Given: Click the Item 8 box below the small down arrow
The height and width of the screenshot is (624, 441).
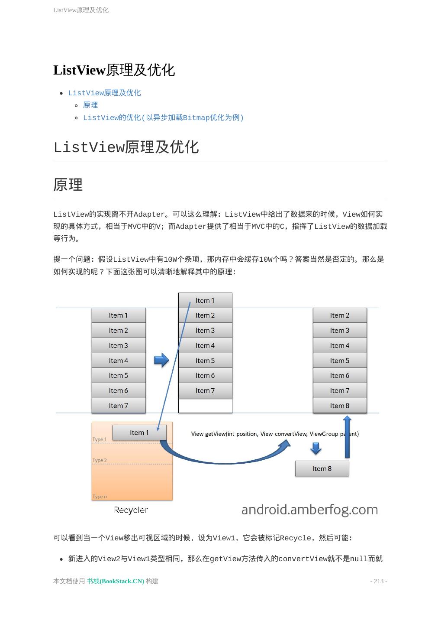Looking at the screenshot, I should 322,468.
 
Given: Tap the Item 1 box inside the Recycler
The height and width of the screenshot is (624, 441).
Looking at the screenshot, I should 139,432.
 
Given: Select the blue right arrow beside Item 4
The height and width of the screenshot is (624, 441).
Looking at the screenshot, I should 161,360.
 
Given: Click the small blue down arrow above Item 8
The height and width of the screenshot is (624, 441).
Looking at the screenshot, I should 316,448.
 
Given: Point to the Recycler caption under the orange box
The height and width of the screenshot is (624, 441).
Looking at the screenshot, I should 131,510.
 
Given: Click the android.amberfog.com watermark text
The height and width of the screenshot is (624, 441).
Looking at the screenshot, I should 309,510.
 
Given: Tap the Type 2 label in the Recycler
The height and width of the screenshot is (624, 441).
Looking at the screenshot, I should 100,460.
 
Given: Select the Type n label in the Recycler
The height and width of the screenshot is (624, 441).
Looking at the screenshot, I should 100,497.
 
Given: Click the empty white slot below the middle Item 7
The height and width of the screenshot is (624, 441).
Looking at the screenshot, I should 205,406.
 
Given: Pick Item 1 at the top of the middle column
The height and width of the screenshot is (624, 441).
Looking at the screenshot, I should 205,300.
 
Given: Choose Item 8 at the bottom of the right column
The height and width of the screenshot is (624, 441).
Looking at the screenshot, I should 340,406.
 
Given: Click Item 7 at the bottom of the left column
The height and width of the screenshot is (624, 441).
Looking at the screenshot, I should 119,406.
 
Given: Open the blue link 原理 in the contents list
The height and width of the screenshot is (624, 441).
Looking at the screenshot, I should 90,105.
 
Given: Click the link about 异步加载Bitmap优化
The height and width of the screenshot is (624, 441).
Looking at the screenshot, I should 163,117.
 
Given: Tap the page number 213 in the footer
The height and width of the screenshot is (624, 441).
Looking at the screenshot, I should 379,581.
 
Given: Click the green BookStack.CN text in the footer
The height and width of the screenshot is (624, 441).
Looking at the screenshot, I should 116,581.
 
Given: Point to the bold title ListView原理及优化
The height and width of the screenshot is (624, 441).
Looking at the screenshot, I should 114,70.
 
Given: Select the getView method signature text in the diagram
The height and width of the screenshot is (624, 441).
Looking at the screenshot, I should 275,434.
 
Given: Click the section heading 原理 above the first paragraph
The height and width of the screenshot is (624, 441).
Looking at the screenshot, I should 68,185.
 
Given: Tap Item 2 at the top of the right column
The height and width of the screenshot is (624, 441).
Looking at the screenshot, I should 340,315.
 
